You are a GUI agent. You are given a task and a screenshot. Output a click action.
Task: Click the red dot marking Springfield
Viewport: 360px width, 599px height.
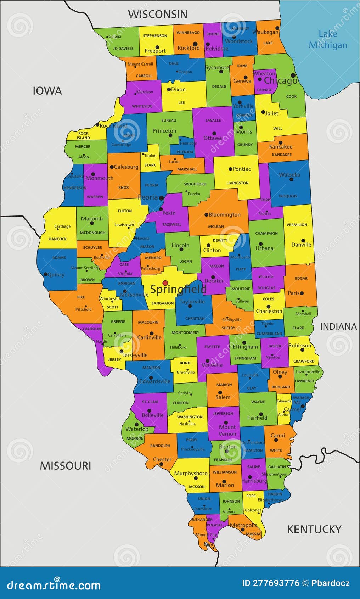point(165,282)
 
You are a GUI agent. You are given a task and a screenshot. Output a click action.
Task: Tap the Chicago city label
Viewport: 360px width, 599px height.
point(280,80)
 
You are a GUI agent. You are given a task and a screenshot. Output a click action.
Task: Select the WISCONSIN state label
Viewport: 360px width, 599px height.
point(157,14)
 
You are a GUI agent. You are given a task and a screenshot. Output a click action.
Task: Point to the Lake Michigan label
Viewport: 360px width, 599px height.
point(328,39)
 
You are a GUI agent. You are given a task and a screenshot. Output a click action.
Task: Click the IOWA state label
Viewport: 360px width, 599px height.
point(47,91)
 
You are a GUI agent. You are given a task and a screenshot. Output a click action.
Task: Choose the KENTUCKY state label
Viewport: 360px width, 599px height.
point(314,529)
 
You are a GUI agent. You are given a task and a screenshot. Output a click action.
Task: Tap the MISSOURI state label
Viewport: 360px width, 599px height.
point(65,465)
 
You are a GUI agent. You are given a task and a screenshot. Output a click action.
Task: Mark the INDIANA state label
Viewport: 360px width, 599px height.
point(338,326)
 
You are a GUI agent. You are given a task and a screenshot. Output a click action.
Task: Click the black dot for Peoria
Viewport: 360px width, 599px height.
point(162,198)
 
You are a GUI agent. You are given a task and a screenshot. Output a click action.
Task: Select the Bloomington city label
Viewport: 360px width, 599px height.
point(224,214)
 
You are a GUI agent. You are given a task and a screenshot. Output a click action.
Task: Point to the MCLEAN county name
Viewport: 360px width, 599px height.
point(216,226)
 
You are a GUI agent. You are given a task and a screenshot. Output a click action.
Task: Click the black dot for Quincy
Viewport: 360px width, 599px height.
point(45,274)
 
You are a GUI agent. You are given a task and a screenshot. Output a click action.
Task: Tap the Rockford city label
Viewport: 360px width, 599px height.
point(189,48)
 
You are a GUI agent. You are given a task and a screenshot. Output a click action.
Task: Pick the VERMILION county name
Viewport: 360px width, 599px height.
point(297,225)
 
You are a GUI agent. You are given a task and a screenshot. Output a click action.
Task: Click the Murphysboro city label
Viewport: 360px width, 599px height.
point(191,473)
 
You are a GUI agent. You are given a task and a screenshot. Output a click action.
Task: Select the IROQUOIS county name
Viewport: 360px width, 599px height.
point(288,196)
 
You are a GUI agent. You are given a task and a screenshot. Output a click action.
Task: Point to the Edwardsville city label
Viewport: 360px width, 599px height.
point(154,381)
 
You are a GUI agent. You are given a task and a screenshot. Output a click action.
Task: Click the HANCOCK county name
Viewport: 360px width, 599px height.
point(57,239)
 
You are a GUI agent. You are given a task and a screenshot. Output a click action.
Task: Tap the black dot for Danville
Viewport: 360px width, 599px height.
point(303,240)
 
